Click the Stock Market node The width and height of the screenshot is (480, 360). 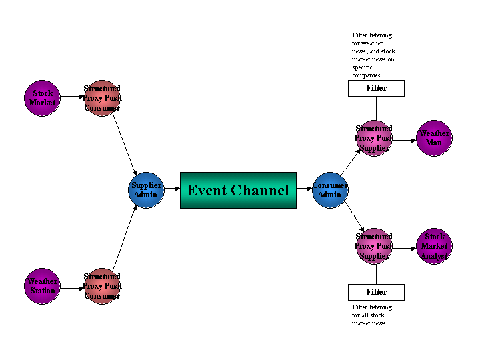[42, 98]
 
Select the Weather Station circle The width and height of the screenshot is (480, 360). [42, 286]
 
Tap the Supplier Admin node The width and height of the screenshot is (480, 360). [146, 190]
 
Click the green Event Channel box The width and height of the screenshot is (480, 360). [238, 190]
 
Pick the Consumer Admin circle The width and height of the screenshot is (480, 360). [330, 190]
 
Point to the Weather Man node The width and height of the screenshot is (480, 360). [434, 138]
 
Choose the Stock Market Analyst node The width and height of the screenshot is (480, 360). [434, 246]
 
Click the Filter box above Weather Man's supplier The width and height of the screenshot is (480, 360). [376, 88]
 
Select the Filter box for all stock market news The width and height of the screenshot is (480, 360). [376, 292]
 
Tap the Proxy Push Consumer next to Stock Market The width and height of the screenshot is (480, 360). [102, 98]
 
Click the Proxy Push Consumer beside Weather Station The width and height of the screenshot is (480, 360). [102, 286]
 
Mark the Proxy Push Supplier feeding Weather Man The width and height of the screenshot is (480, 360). [373, 138]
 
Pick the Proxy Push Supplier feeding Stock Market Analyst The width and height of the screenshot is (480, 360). [373, 246]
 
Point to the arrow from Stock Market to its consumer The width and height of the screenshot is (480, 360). [72, 97]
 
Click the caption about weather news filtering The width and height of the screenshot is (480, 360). [373, 55]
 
